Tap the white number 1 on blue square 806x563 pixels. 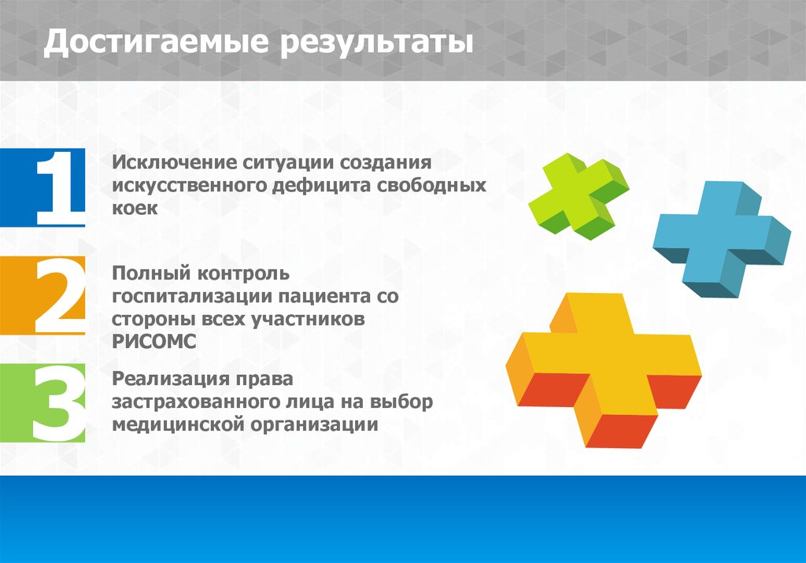(60, 187)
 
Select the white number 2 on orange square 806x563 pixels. (60, 295)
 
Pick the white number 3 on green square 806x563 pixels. (58, 403)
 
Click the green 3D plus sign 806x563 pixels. (579, 195)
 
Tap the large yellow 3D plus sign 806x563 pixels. (604, 369)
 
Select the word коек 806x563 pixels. (135, 208)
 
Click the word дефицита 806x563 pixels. (320, 186)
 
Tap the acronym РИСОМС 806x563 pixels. (154, 342)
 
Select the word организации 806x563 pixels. (315, 425)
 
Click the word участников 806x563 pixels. (308, 320)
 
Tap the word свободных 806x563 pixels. (431, 186)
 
